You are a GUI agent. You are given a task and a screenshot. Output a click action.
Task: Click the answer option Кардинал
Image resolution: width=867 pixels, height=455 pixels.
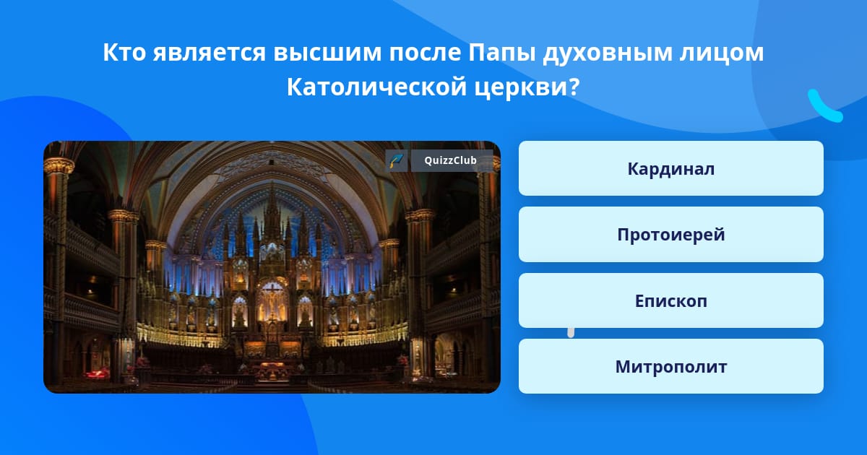[670, 168]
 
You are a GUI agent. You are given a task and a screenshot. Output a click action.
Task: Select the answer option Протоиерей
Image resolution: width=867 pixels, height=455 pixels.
[670, 235]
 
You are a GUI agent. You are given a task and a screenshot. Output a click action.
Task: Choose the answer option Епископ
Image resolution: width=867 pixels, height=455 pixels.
[670, 300]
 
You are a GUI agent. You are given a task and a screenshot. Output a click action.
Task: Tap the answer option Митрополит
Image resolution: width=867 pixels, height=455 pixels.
[670, 366]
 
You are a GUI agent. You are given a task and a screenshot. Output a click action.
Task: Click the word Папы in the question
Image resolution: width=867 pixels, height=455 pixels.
[502, 53]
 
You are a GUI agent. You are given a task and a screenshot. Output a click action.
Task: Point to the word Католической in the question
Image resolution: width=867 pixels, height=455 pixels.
[376, 87]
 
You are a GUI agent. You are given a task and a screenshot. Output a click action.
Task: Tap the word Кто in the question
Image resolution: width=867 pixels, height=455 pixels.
[124, 52]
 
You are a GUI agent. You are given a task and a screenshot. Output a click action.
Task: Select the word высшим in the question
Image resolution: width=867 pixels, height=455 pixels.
[327, 53]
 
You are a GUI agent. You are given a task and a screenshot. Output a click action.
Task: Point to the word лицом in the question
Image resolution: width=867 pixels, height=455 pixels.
[722, 53]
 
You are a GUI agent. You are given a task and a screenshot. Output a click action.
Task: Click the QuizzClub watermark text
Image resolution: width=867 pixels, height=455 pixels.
[450, 160]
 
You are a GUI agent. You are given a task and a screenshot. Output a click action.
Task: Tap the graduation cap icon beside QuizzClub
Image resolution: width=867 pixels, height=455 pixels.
[397, 160]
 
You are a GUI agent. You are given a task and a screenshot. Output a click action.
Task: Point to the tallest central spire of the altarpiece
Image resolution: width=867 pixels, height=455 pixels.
[272, 209]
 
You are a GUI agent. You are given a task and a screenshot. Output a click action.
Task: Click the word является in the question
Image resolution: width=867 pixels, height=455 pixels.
[210, 53]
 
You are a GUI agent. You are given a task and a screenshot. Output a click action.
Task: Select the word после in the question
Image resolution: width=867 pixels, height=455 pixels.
[425, 53]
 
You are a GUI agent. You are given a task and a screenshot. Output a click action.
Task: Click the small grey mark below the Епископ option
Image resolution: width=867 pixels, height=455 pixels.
[571, 333]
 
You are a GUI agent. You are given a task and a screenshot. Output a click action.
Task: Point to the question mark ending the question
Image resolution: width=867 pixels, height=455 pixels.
[574, 87]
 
